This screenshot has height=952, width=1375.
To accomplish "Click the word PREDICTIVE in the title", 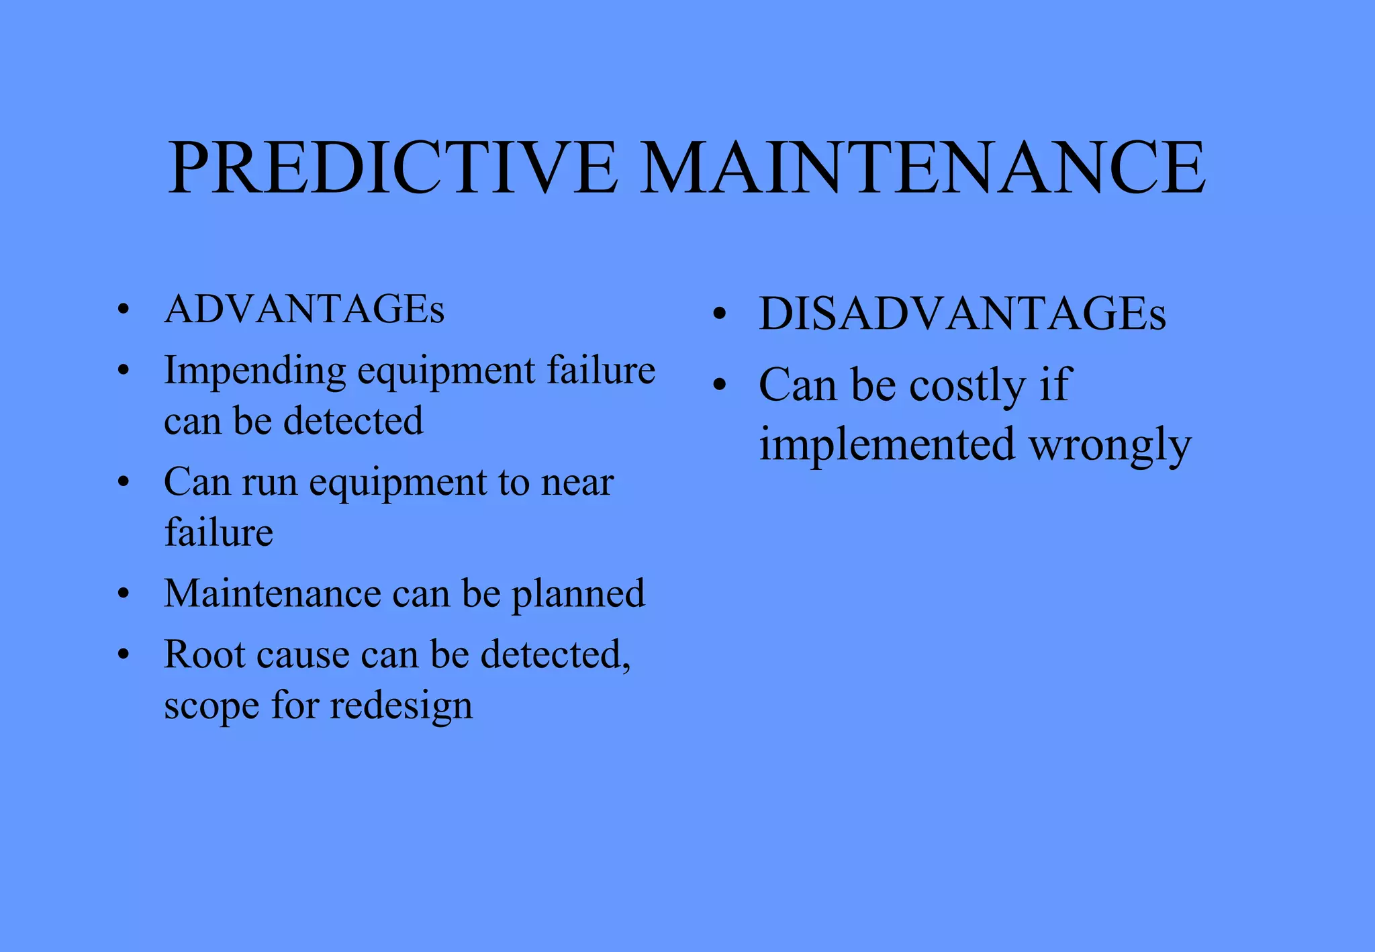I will tap(393, 167).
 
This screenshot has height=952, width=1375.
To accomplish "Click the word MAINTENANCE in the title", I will tap(922, 167).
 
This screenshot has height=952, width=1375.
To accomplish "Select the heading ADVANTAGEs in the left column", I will tap(304, 310).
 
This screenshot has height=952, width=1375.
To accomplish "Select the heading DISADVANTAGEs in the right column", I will tap(962, 314).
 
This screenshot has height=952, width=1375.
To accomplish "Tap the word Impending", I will tap(254, 371).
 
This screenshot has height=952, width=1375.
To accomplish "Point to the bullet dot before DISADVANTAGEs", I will tap(720, 314).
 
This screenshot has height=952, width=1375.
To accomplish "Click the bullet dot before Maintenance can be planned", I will tap(123, 594).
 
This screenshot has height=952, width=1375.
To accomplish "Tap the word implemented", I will tap(886, 445).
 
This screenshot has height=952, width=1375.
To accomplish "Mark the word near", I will tap(577, 483).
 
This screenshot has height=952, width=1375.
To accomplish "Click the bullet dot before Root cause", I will tap(123, 655).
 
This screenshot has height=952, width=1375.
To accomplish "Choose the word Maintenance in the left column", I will tap(273, 594).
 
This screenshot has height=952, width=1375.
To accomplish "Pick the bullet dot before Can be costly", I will tap(720, 385).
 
